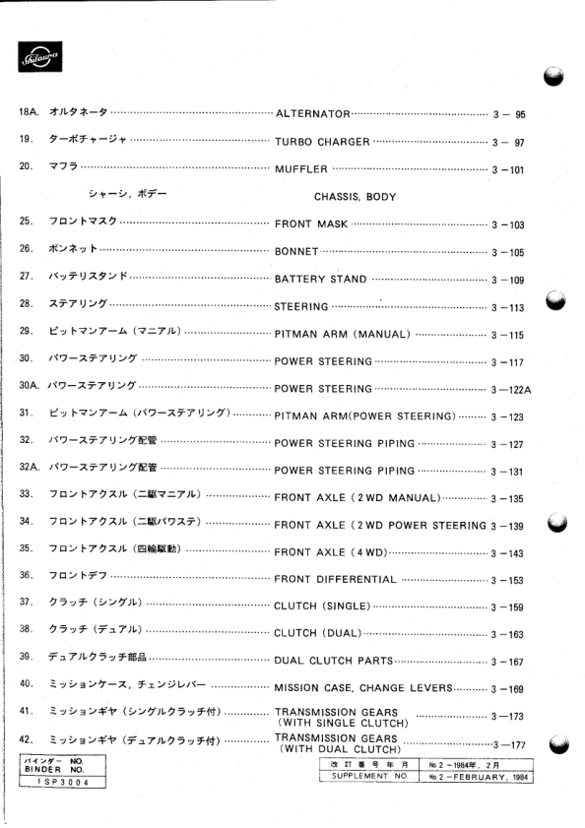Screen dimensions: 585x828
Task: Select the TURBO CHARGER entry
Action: click(x=322, y=142)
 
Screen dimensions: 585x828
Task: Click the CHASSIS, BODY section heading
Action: click(x=355, y=197)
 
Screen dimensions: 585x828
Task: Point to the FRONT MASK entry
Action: click(x=311, y=224)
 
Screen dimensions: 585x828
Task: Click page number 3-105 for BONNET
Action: click(x=508, y=253)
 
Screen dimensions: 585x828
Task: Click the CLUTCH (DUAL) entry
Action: click(x=317, y=633)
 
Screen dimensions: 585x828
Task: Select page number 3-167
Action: click(x=508, y=661)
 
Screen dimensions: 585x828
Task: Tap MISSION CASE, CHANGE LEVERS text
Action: click(x=362, y=687)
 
